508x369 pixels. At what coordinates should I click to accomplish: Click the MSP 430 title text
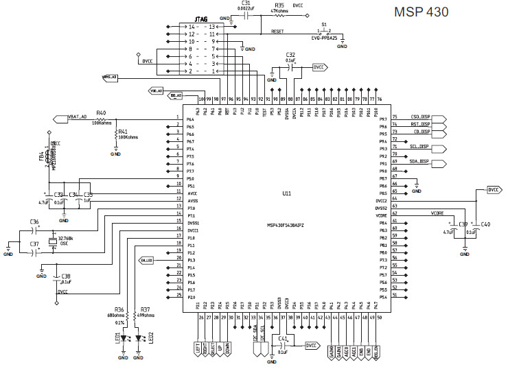coord(421,12)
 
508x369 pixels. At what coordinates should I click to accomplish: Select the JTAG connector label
coord(202,19)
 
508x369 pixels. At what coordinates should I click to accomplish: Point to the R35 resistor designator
coord(279,5)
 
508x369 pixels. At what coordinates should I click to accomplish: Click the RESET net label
coord(277,32)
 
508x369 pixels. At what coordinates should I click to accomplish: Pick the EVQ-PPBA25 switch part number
coord(325,38)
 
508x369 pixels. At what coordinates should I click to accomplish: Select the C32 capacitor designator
coord(290,54)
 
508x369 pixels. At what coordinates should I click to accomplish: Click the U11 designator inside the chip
coord(286,194)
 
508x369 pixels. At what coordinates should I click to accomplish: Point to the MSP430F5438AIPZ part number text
coord(286,225)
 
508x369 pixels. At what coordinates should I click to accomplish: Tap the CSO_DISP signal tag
coord(419,117)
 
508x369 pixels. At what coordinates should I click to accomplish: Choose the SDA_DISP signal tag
coord(419,162)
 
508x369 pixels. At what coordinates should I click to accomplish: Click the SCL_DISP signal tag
coord(419,147)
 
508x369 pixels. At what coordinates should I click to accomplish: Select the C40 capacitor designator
coord(485,224)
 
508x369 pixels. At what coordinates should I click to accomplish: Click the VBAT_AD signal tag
coord(78,117)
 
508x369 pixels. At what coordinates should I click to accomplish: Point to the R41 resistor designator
coord(124,131)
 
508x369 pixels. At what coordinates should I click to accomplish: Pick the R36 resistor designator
coord(119,309)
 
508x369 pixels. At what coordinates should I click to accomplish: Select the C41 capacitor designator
coord(284,338)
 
